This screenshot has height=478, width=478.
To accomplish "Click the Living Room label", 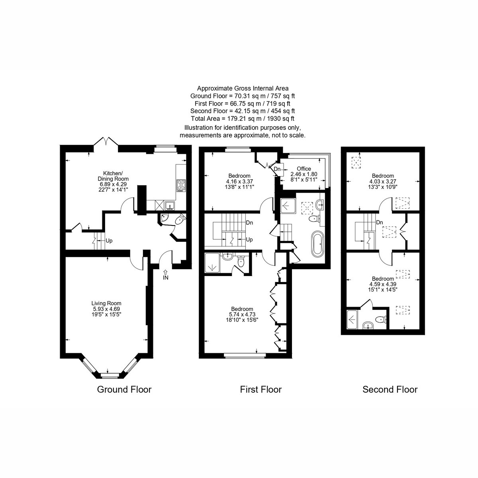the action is coord(106,303).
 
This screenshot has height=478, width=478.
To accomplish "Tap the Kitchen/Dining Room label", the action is coord(113,176).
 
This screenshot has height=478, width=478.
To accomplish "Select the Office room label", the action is coord(304,168).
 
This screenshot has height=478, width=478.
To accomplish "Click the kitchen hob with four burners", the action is coord(181,186).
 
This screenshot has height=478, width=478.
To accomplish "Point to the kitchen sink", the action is coord(170,206).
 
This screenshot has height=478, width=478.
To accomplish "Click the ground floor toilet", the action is coord(180,220).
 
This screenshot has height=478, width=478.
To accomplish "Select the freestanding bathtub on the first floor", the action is coord(317,244).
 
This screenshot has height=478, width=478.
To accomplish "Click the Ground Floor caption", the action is coord(124,390).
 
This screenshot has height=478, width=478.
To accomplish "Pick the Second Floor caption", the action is coord(390,390).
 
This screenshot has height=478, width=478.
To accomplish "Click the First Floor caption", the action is coord(261,390).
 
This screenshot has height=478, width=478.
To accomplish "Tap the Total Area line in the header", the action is coord(243,119).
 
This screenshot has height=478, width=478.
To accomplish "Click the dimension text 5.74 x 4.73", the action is coord(242,315).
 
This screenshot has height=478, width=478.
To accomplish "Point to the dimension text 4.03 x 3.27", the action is coord(383,181).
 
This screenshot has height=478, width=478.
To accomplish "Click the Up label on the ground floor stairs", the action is coord(109,241).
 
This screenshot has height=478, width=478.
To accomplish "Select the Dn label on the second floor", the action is coord(380,223).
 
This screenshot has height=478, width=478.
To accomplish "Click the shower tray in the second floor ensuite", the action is coord(352,319).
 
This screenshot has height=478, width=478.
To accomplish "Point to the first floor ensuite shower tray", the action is coord(212,263).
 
